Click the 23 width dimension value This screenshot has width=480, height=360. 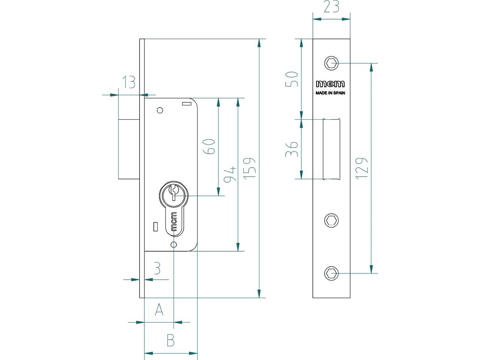point(331,6)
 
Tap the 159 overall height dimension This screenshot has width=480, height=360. point(249,168)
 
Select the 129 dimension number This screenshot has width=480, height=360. point(362,168)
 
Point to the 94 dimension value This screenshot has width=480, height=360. point(230,174)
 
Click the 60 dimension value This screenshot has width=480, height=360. point(209,147)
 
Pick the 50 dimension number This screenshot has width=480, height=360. point(292,79)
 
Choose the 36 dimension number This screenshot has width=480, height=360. point(292,149)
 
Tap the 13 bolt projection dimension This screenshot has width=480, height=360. point(128,82)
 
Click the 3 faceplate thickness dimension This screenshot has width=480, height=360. point(157,268)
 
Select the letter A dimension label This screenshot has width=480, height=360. point(159,309)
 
